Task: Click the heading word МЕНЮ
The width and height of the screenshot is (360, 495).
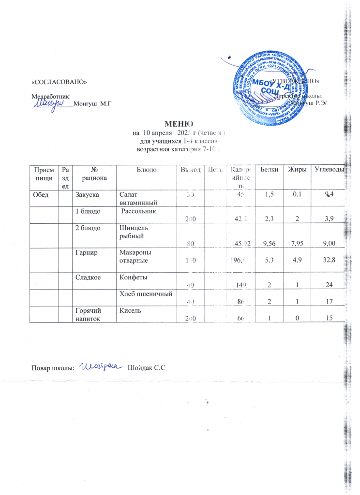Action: click(180, 124)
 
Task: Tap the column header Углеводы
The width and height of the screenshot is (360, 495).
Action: click(329, 169)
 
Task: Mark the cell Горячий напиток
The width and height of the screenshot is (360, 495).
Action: click(88, 315)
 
